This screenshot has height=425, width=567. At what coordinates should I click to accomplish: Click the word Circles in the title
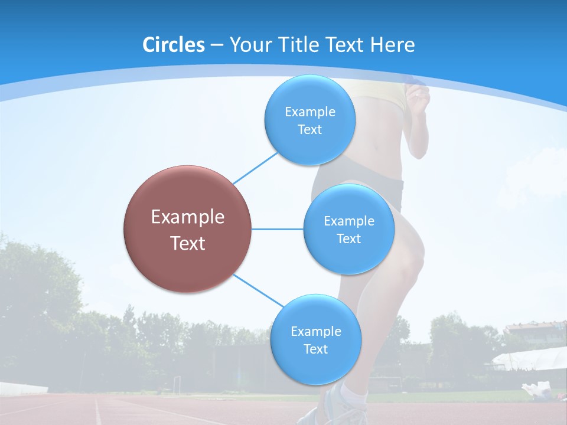tap(174, 45)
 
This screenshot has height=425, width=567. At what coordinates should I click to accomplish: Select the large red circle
tap(187, 229)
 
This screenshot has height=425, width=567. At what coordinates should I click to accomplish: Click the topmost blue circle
tap(309, 120)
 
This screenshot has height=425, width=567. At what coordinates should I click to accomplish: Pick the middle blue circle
tap(348, 229)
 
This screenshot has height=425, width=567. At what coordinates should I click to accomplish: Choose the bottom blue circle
tap(315, 339)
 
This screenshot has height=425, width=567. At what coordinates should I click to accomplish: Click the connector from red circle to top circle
tap(255, 168)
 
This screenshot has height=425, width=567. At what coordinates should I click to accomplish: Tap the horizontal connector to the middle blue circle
tap(278, 229)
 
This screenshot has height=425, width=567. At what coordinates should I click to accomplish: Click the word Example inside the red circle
tap(187, 217)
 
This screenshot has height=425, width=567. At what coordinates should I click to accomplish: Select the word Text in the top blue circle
tap(309, 130)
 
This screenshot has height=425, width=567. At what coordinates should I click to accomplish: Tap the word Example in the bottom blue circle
tap(315, 331)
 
